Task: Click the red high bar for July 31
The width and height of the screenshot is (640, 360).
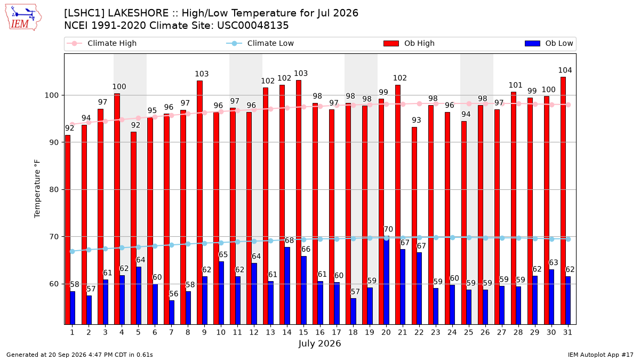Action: pyautogui.click(x=563, y=201)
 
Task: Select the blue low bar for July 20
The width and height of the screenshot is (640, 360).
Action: pyautogui.click(x=386, y=281)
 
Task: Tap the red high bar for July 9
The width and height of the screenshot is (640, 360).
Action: pyautogui.click(x=199, y=203)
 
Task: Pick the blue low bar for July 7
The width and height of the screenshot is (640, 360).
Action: pyautogui.click(x=172, y=313)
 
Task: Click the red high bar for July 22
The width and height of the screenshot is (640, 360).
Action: pyautogui.click(x=414, y=226)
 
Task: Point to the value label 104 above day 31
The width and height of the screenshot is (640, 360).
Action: pyautogui.click(x=565, y=70)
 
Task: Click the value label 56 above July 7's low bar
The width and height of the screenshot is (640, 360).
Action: pyautogui.click(x=173, y=294)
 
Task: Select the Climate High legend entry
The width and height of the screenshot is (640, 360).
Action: pyautogui.click(x=102, y=43)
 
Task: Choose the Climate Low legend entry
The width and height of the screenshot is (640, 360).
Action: pyautogui.click(x=260, y=43)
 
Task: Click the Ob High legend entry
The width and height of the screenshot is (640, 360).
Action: pyautogui.click(x=409, y=43)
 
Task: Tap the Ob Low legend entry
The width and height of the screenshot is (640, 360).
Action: pyautogui.click(x=549, y=43)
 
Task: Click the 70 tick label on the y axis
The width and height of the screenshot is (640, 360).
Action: pyautogui.click(x=54, y=237)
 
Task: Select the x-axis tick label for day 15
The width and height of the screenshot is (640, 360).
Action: pyautogui.click(x=303, y=332)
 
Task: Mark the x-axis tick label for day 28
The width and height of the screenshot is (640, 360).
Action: pyautogui.click(x=518, y=332)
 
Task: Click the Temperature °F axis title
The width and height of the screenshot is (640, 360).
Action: pyautogui.click(x=37, y=189)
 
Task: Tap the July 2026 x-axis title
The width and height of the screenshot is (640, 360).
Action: pyautogui.click(x=319, y=343)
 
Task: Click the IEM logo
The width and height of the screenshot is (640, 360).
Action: pyautogui.click(x=23, y=18)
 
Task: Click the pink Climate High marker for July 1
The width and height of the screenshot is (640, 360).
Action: pyautogui.click(x=73, y=124)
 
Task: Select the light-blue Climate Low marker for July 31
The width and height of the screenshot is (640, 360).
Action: pyautogui.click(x=568, y=239)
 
